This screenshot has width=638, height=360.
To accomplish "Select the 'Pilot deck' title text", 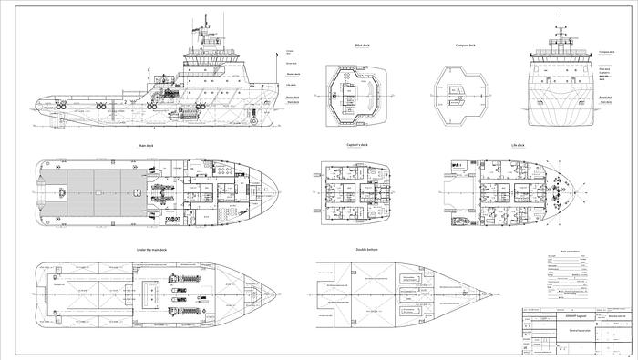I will point(350,44).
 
